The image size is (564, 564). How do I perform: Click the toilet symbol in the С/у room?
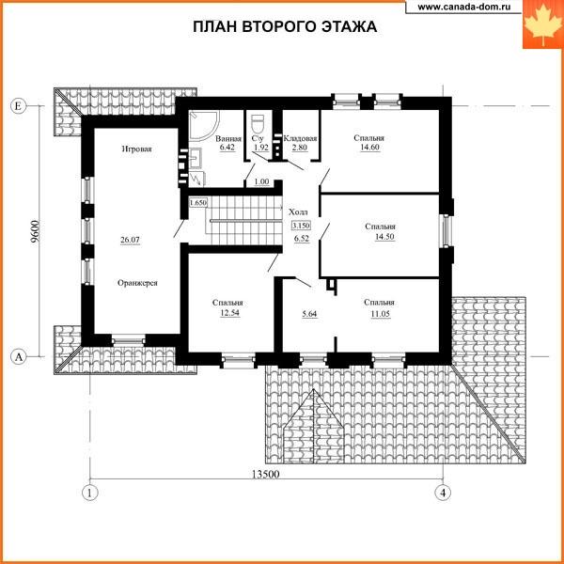coord(258,124)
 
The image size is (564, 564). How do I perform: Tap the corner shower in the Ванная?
coord(204,125)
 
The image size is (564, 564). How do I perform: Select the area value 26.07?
coord(131,240)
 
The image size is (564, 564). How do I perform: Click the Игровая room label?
coord(136,149)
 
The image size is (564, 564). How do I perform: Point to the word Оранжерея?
coord(137,283)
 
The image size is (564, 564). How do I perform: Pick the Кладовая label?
coord(300,138)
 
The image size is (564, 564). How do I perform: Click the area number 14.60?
coord(369,148)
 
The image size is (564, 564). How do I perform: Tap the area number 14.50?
coord(384,236)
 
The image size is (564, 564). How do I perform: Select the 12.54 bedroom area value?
coord(230,313)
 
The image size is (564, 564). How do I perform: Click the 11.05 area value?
coord(381,314)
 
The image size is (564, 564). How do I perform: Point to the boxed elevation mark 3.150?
coord(301,226)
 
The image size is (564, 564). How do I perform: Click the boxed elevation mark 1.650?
coord(197,203)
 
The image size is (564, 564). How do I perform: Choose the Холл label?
coord(298,212)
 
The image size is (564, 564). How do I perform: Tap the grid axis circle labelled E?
coord(19,106)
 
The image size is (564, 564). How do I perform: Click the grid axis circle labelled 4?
coord(443,493)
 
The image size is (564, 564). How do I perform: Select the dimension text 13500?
coord(265,475)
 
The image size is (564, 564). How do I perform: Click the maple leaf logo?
coord(542,24)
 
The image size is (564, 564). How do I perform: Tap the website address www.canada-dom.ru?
coord(464,7)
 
